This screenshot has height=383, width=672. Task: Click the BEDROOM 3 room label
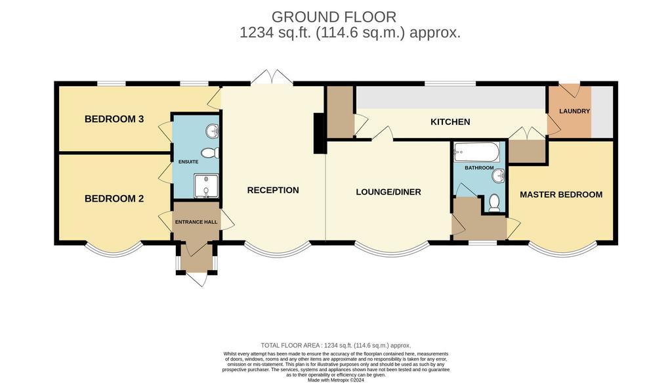114,119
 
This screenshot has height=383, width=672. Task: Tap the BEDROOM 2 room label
114,199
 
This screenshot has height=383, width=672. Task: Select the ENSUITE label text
188,162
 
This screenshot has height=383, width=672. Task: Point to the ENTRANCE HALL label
196,222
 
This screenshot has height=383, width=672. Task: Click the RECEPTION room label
273,191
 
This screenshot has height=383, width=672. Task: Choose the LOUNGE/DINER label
388,192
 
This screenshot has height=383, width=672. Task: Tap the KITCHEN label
450,122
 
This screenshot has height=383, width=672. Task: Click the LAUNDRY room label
575,111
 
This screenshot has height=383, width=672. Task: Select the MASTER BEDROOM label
561,194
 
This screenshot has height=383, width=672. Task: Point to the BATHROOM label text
479,168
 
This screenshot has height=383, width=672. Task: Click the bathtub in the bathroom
476,152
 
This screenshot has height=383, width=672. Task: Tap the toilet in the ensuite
210,152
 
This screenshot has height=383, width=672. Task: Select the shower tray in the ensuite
206,186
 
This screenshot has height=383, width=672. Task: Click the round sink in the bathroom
499,175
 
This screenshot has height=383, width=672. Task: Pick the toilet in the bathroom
494,203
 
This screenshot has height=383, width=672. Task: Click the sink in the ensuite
212,131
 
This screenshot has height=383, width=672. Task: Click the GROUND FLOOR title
334,17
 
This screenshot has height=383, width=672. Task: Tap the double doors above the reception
272,78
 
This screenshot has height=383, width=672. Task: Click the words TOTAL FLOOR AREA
291,346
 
